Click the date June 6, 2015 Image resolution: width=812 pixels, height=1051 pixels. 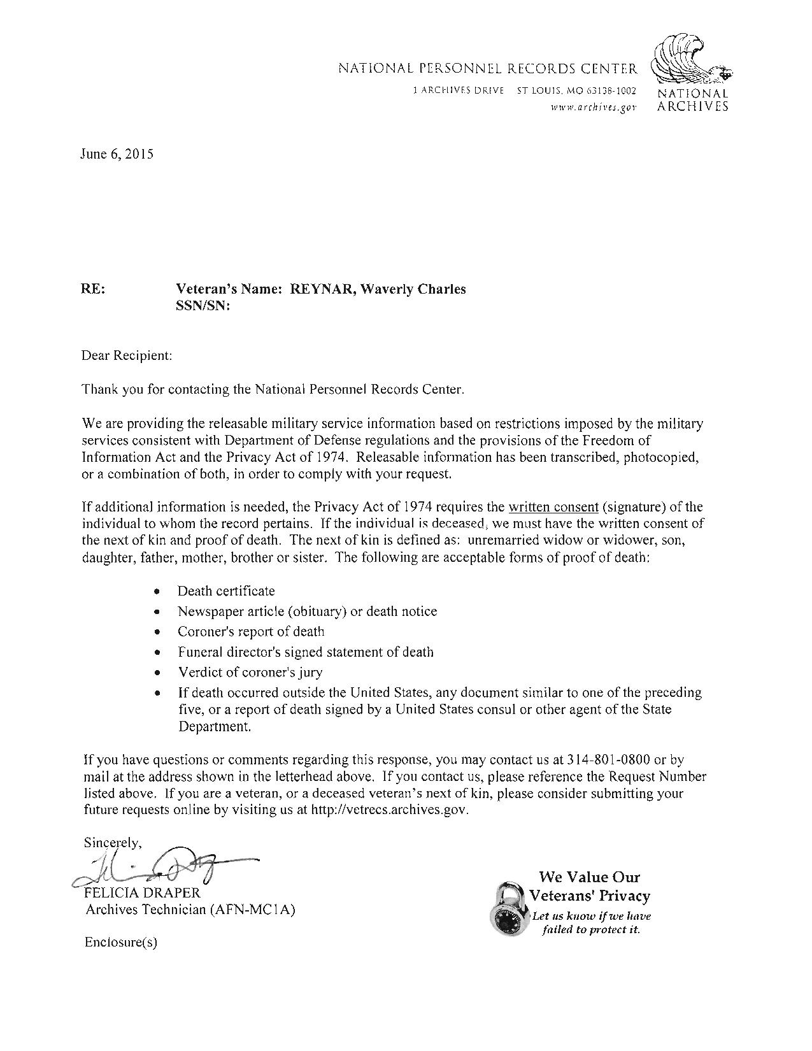(117, 154)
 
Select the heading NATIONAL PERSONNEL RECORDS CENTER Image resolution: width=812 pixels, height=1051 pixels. (487, 68)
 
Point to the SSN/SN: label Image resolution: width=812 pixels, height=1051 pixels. (202, 306)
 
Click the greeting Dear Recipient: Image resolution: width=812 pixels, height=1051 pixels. (127, 355)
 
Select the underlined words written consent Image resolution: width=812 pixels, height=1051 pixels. (553, 508)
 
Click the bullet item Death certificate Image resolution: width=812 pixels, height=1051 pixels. (226, 591)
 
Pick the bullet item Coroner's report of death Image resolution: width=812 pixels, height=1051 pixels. (251, 632)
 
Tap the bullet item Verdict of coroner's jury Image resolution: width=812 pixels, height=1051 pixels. (250, 673)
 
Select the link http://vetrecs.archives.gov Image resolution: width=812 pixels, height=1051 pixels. (389, 811)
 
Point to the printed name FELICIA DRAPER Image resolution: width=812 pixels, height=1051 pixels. (143, 893)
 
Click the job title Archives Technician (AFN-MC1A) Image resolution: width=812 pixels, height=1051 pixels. (190, 910)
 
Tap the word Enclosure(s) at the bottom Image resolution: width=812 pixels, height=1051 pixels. (120, 943)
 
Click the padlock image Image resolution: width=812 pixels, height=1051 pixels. (509, 909)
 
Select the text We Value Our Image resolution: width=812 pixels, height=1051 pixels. (589, 878)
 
